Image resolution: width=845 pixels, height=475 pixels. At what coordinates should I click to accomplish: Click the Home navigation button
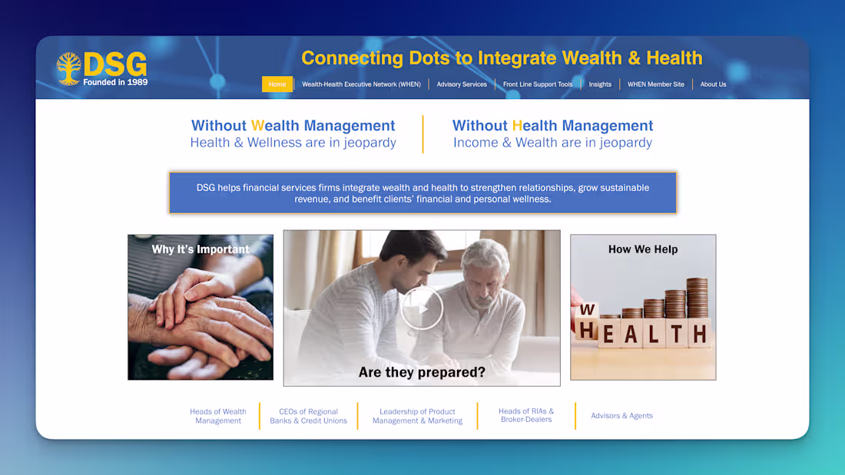[277, 84]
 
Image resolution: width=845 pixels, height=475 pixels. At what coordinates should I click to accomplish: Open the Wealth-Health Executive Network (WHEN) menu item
[361, 84]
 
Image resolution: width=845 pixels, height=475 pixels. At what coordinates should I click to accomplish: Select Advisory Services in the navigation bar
[462, 84]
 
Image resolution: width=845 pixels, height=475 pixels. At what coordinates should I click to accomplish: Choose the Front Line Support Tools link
[538, 84]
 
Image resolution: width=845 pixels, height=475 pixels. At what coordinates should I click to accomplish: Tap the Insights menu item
[600, 84]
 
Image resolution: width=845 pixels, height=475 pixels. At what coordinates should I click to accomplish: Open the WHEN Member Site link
[655, 84]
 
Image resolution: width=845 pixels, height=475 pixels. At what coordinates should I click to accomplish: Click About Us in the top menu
[713, 84]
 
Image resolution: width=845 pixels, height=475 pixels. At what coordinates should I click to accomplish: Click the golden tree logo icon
[68, 68]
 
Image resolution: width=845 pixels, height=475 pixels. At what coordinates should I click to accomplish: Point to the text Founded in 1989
[115, 82]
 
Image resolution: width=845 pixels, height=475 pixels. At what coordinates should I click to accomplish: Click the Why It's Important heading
[200, 249]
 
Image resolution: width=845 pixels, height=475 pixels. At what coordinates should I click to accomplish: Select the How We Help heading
[643, 249]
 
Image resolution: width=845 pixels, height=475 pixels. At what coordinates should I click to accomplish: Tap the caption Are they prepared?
[422, 373]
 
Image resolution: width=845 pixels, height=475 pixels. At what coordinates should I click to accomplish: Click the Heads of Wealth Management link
[218, 416]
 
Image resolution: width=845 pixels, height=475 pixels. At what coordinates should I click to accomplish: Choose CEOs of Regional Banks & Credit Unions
[308, 416]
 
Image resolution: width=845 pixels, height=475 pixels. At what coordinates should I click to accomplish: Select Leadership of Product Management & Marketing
[417, 416]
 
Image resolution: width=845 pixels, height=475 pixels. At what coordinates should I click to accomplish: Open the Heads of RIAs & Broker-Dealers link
[526, 415]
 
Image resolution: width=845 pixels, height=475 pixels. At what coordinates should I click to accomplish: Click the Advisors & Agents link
[621, 416]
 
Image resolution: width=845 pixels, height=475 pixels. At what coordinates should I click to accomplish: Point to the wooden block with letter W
[586, 310]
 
